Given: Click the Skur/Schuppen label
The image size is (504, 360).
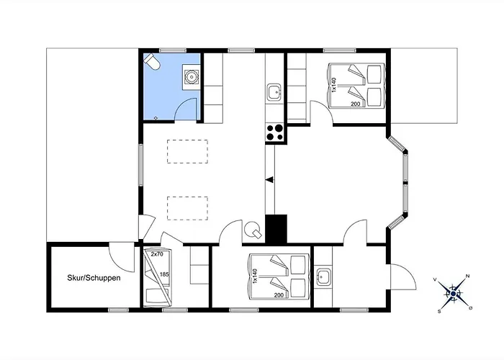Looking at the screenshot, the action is click(x=94, y=278).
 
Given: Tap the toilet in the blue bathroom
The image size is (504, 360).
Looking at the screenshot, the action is click(x=152, y=61).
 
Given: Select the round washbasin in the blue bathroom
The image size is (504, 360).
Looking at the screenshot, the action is click(x=192, y=77).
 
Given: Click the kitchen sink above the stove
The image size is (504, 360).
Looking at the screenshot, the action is click(x=274, y=93).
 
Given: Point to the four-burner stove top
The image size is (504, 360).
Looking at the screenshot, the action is click(x=274, y=132).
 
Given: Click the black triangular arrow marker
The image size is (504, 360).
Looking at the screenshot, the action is click(x=270, y=180).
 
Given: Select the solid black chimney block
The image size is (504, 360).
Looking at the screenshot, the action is click(x=276, y=228).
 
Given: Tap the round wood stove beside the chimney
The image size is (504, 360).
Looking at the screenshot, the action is click(x=253, y=230).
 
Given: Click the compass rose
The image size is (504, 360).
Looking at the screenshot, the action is click(x=453, y=293).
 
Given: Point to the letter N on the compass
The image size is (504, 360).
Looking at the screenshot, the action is click(x=468, y=276).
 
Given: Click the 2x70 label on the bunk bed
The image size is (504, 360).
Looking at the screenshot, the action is click(x=157, y=254).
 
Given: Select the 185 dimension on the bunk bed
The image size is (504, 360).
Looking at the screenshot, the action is click(x=164, y=274).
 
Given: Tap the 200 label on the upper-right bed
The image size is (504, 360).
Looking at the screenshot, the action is click(x=356, y=104).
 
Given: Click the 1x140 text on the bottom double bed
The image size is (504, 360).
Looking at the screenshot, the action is click(x=256, y=276).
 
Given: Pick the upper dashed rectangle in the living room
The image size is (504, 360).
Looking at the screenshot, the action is click(x=187, y=151).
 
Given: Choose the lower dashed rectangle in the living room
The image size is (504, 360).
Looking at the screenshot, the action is click(x=187, y=208).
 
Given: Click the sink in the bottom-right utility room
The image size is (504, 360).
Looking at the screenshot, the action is click(x=323, y=276).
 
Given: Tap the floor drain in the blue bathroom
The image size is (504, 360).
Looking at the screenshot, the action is click(x=156, y=118).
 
